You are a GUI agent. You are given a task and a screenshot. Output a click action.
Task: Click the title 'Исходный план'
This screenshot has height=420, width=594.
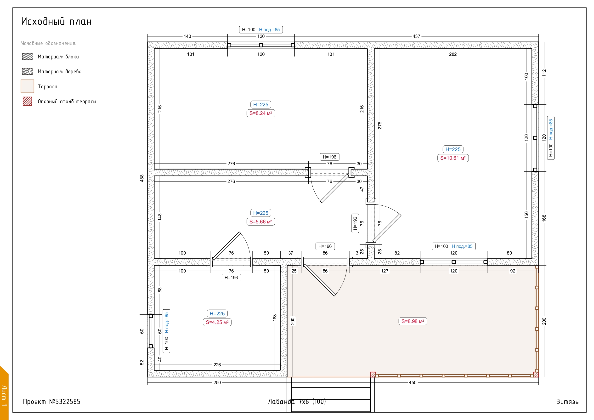(x=57, y=22)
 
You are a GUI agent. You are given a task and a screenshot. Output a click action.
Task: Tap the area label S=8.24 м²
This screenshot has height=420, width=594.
(x=260, y=113)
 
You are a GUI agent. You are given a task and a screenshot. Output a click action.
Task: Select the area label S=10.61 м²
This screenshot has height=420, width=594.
(x=453, y=158)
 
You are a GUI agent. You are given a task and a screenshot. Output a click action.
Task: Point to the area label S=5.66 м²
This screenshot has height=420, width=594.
(x=260, y=221)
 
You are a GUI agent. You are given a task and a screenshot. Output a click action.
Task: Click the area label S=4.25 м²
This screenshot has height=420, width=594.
(x=217, y=322)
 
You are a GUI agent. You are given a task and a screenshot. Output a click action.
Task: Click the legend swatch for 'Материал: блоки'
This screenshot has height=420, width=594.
(x=28, y=57)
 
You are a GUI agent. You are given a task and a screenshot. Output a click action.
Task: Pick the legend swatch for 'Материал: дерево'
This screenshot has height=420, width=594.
(x=28, y=71)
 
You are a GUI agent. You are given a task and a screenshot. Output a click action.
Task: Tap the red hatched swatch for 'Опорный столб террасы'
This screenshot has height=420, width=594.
(x=28, y=101)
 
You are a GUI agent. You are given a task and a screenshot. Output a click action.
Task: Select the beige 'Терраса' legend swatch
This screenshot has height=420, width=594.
(x=28, y=86)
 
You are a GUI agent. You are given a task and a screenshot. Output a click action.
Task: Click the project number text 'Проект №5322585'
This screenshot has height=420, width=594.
(x=52, y=402)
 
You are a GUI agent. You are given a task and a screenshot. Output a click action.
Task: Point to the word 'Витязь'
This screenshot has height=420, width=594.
(x=567, y=402)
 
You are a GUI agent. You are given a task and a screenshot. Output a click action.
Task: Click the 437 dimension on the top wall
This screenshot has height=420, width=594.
(x=416, y=36)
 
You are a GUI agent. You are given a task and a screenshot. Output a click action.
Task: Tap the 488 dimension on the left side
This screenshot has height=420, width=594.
(x=142, y=178)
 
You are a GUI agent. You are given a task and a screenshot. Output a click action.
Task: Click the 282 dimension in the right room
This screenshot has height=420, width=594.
(x=453, y=54)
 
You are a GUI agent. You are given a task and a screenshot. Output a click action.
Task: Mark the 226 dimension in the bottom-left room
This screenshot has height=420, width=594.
(x=217, y=365)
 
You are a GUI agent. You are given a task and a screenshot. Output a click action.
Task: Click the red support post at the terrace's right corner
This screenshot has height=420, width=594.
(x=536, y=374)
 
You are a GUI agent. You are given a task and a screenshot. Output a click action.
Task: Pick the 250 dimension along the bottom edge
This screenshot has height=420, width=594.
(x=217, y=382)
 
